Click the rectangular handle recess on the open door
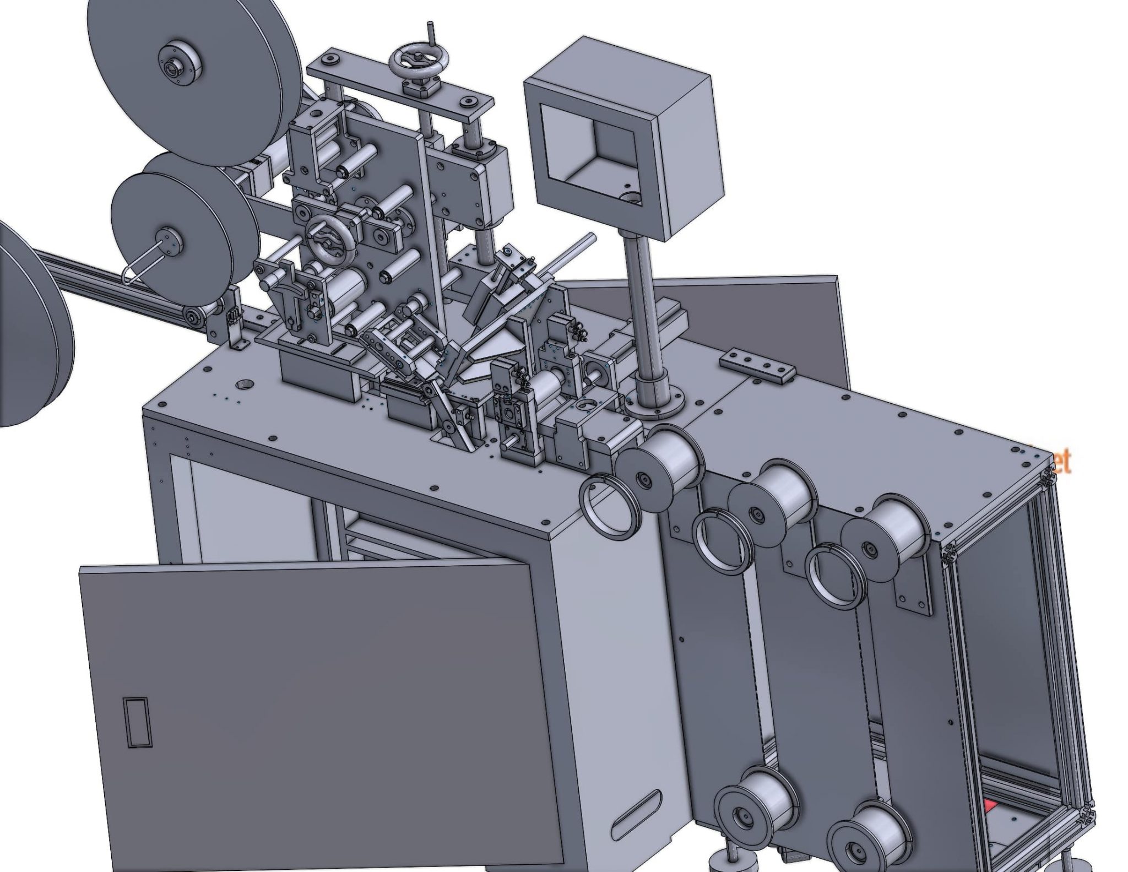coord(137,722)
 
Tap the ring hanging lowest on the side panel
coord(834,576)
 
